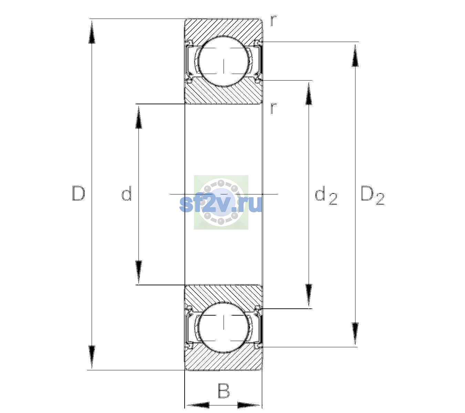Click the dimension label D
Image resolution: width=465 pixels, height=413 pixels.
79,193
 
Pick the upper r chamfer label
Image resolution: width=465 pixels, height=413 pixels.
273,21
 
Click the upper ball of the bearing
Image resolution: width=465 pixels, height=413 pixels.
224,62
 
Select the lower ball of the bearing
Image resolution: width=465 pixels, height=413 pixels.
224,327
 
